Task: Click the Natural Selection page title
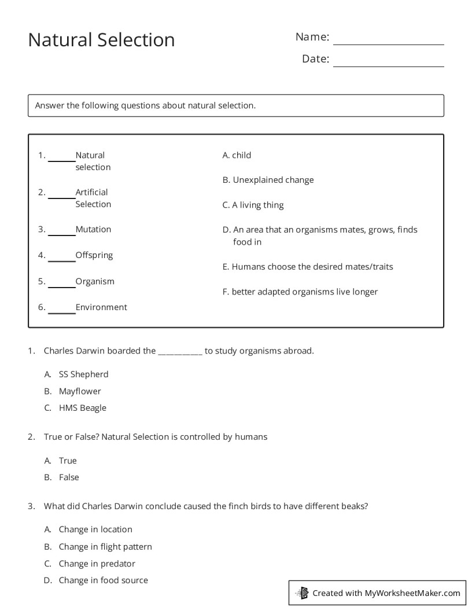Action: tap(101, 40)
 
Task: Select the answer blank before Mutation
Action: tap(61, 231)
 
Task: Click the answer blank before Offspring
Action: tap(61, 257)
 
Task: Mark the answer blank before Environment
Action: tap(61, 309)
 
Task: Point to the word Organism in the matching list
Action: tap(95, 282)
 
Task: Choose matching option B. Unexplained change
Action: tap(268, 180)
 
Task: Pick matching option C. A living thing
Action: tap(253, 205)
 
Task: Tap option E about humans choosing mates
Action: tap(307, 267)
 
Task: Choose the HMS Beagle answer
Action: tap(82, 408)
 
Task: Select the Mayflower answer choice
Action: tap(80, 391)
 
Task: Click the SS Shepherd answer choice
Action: tap(83, 374)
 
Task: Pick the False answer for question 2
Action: tap(69, 477)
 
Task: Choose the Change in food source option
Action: tap(103, 580)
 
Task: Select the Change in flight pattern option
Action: tap(105, 547)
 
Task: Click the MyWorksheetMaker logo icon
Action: tap(302, 593)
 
